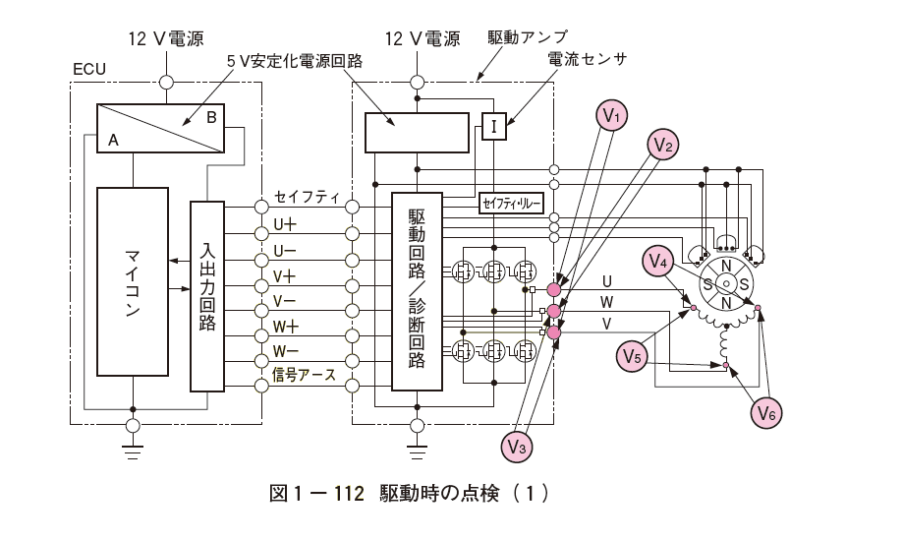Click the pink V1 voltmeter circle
611,116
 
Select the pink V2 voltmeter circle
662,145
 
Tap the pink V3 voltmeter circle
517,447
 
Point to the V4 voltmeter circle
657,261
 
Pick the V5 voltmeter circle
632,356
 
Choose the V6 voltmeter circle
766,412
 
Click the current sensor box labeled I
494,126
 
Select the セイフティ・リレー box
511,204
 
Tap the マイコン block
133,281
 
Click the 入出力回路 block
207,296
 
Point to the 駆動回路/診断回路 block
417,291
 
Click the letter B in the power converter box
211,117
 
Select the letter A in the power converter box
113,140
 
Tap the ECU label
89,69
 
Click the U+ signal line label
285,224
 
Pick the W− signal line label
285,351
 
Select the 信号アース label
304,375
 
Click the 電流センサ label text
587,59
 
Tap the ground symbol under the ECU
133,452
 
